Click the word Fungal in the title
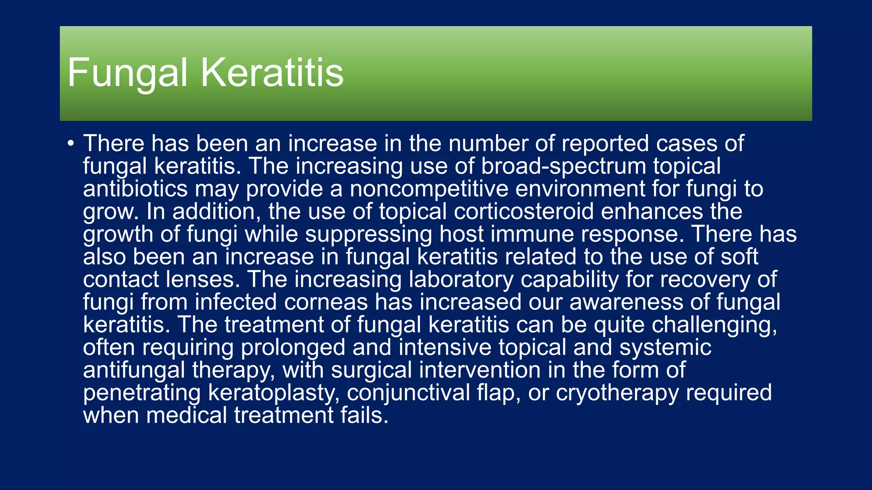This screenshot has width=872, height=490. pos(127,73)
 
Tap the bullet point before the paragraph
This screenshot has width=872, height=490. pos(71,143)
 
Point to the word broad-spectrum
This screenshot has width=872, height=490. pos(563,166)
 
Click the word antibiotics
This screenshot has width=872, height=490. pos(135,189)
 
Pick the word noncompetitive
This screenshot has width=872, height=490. pos(429,189)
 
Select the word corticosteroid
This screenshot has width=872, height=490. pos(523,211)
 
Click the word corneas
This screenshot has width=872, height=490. pos(326,302)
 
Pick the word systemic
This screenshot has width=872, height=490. pos(665,348)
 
